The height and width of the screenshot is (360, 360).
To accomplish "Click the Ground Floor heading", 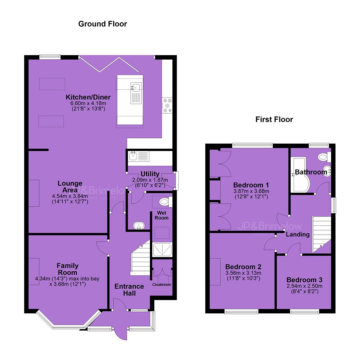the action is (x=103, y=24).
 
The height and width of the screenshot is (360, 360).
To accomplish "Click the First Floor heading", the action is (x=274, y=119).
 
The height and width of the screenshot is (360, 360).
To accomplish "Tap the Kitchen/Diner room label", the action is (x=88, y=97).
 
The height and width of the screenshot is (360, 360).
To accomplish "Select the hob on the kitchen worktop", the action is (x=167, y=106).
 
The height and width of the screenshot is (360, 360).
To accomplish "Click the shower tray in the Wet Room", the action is (x=162, y=249).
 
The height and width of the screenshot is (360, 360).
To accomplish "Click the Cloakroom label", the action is (x=162, y=285).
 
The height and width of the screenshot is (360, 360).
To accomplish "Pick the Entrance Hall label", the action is (x=129, y=290).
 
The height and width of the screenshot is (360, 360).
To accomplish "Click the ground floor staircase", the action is (x=140, y=258).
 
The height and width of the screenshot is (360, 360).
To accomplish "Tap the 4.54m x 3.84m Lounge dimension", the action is (x=70, y=196).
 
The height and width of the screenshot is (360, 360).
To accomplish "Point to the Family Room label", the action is (x=67, y=269).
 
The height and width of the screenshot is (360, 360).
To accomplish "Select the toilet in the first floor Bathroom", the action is (x=324, y=157).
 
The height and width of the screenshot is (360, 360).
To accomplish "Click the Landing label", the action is (x=298, y=234).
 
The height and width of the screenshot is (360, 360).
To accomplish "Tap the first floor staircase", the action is (x=322, y=235).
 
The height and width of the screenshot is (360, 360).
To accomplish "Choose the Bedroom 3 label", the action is (x=304, y=280).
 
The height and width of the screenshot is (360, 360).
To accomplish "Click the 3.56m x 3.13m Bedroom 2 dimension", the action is (x=243, y=273).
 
